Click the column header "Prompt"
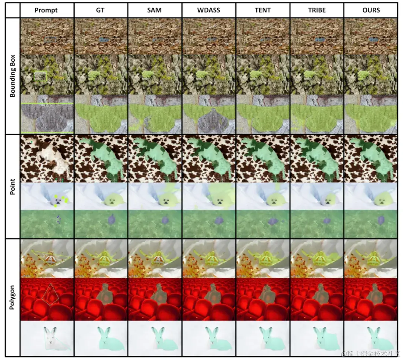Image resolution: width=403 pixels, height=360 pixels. coord(46,10)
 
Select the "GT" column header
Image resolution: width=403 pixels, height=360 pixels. coord(100,10)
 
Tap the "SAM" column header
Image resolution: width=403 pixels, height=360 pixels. coord(154,10)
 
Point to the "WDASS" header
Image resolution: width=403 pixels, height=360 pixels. coord(209,10)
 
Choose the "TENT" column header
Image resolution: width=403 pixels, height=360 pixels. coord(262,10)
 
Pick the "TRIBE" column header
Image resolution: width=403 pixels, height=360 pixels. coord(316,10)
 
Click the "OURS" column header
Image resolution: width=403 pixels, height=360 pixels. coord(371,10)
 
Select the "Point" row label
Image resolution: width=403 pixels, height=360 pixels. coord(13,187)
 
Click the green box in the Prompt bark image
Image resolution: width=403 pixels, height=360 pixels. coord(40,76)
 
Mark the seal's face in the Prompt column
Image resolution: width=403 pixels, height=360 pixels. coord(58,203)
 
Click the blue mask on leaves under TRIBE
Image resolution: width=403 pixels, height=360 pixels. coord(319,39)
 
